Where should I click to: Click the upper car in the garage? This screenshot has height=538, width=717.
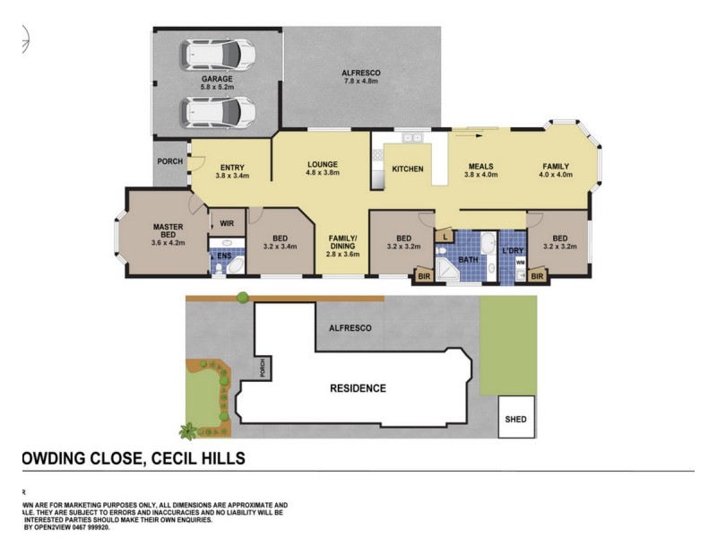click(219, 56)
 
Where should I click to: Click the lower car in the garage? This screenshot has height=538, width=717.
click(219, 113)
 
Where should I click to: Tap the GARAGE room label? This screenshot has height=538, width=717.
click(217, 83)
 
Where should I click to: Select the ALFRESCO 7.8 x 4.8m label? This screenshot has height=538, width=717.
click(361, 77)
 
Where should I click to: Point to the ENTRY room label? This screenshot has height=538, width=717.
click(231, 171)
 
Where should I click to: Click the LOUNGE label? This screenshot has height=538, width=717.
click(321, 169)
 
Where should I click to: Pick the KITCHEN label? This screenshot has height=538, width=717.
click(407, 169)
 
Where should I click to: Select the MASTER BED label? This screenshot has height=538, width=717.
click(168, 233)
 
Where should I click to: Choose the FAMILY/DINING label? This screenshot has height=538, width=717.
click(343, 245)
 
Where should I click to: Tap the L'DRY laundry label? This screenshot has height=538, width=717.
click(512, 250)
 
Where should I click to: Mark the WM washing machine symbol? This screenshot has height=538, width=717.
click(520, 263)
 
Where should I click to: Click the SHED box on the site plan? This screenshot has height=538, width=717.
click(516, 419)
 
